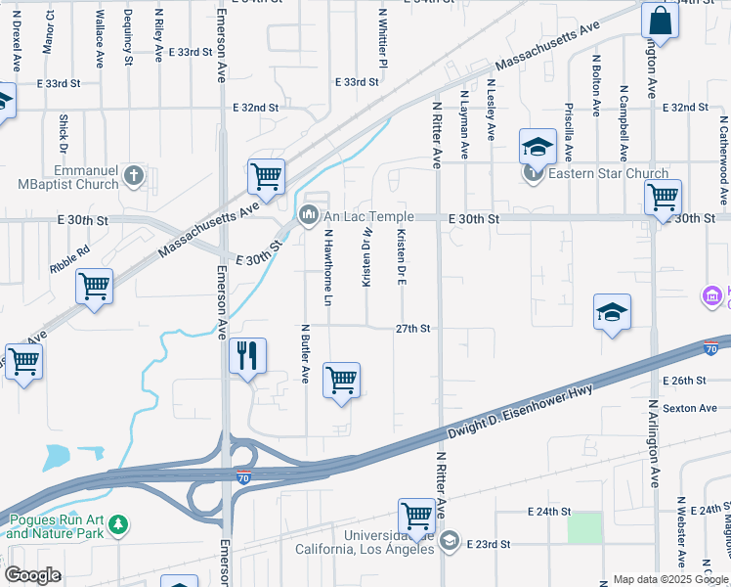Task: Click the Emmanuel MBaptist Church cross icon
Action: pos(135,176)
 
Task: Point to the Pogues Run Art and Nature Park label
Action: pos(55,526)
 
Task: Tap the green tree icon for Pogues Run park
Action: pos(118,526)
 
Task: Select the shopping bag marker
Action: pos(660,22)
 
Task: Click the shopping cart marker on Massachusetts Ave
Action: pos(266,177)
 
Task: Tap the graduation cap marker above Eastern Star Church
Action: pos(537,147)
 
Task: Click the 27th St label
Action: pos(413,329)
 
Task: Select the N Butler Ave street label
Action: pos(305,353)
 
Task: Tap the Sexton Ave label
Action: pos(684,407)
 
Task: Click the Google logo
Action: pos(32,574)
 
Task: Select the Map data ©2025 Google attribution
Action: pos(669,579)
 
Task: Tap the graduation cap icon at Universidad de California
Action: pos(450,540)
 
